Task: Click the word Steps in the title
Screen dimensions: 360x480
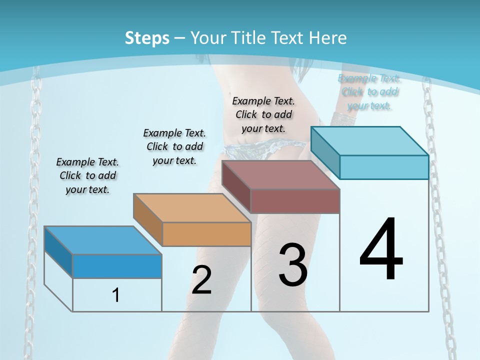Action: (146, 38)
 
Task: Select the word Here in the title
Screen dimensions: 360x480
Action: (327, 38)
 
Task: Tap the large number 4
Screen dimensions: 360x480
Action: (381, 250)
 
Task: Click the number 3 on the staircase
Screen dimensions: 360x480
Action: (293, 265)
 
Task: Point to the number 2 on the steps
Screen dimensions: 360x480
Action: (201, 280)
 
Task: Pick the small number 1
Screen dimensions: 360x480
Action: (116, 295)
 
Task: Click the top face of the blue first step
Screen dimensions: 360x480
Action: (102, 240)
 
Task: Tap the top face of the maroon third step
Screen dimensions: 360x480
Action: (280, 175)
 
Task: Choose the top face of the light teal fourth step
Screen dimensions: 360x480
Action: (369, 141)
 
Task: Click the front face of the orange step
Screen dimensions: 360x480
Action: (206, 234)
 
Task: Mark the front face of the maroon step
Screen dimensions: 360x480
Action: (295, 201)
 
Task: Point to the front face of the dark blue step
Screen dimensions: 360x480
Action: (117, 266)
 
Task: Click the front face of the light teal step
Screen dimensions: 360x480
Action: (384, 167)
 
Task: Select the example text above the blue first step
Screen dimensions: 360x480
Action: (87, 175)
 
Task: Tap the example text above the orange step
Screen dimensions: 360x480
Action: (174, 146)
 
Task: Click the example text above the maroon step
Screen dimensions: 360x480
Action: (263, 114)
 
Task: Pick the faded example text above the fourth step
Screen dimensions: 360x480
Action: (369, 91)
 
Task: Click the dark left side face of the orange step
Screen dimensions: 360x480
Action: (148, 220)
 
